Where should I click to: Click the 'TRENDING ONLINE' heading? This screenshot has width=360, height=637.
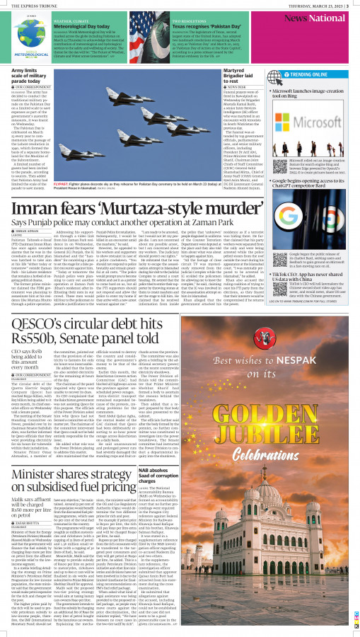tap(310, 74)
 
